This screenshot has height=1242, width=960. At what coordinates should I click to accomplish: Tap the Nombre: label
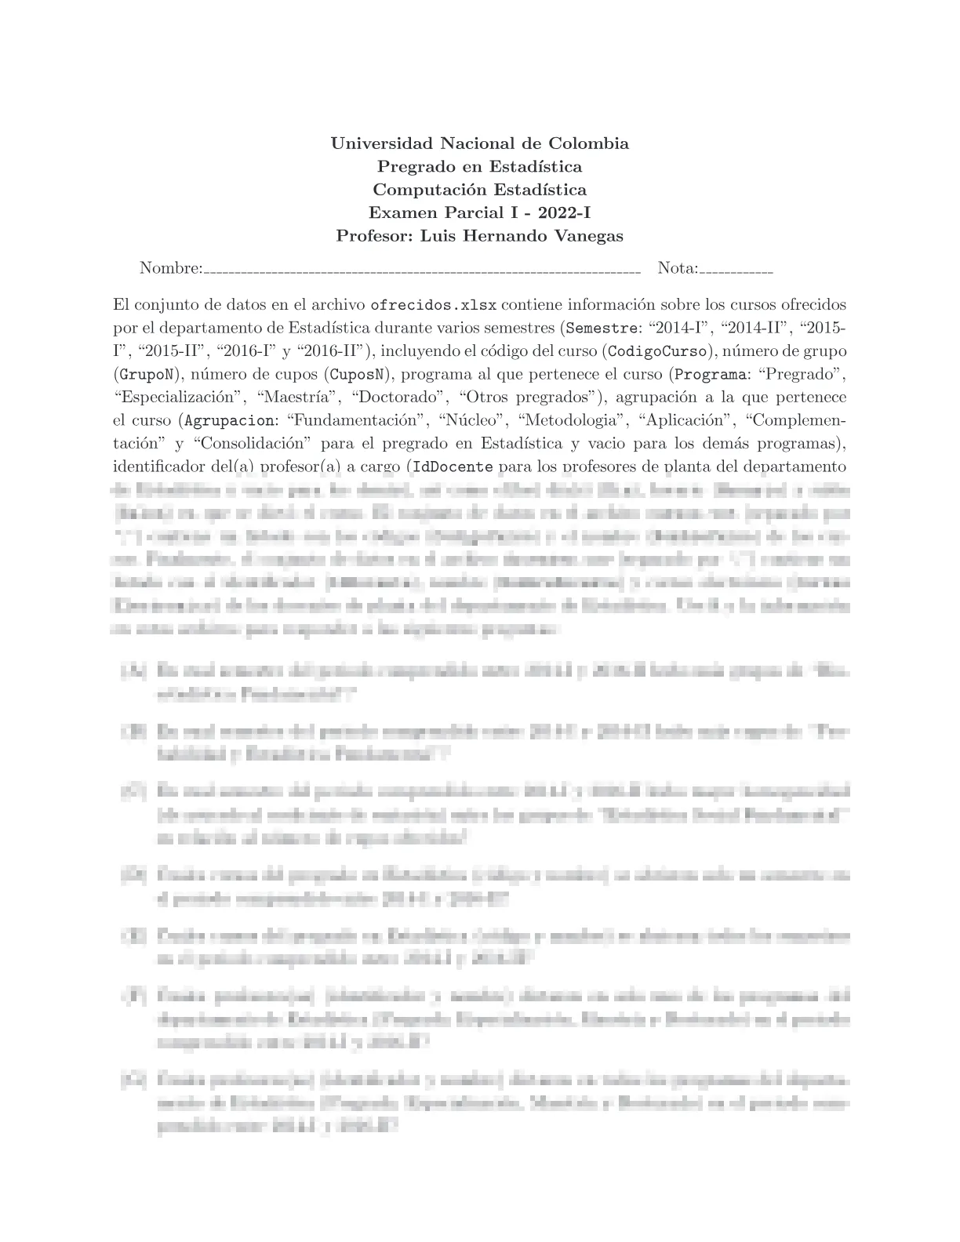(170, 268)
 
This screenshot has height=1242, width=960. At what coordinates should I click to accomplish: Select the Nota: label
(678, 268)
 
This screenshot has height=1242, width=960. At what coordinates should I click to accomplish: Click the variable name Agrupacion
(230, 420)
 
